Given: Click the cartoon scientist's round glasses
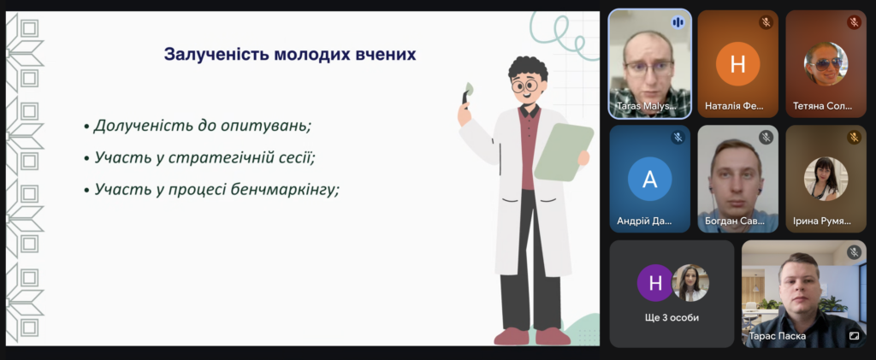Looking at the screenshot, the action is coord(525,86).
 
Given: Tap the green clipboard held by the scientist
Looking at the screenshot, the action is coord(564,152).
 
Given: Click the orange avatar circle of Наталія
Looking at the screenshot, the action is coord(738,63).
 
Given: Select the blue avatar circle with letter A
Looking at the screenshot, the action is coord(650,179).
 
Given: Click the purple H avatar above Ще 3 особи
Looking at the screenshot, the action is coord(655,283).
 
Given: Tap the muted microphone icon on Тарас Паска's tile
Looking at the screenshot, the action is coord(854,252).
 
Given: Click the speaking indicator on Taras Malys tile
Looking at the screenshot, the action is coord(678,22).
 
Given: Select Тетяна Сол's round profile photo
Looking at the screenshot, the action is coord(826,63).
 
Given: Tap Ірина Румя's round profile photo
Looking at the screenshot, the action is coord(826,179).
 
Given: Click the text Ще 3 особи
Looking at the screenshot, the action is coord(672,317).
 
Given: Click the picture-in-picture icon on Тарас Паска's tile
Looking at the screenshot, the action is coord(854,335).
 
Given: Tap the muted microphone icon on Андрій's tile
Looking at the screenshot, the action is coord(678,138).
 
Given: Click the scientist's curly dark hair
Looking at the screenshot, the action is coord(527,68).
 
